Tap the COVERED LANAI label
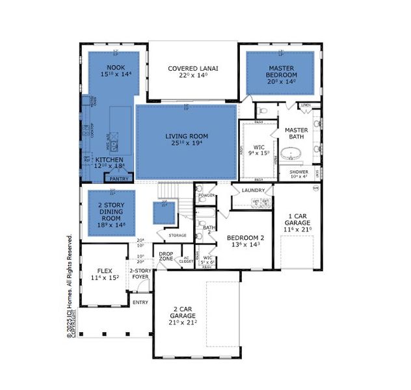[x=192, y=68]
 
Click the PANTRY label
[x=118, y=177]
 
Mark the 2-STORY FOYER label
[x=140, y=274]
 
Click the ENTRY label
[x=140, y=302]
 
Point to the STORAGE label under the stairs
[x=177, y=235]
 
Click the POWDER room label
[x=206, y=196]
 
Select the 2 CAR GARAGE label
[x=183, y=315]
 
